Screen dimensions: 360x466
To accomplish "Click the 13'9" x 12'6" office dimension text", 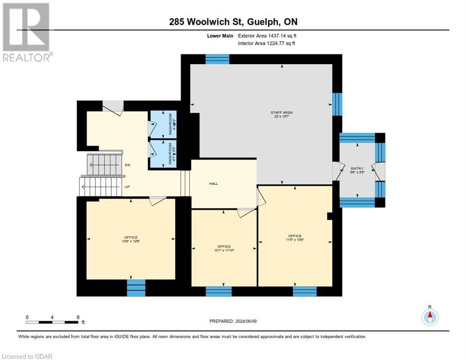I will pyautogui.click(x=131, y=241).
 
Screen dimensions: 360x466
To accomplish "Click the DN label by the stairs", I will pyautogui.click(x=128, y=165).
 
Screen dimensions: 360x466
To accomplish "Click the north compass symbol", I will pyautogui.click(x=429, y=317).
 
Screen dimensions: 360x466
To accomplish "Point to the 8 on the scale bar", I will pyautogui.click(x=77, y=317).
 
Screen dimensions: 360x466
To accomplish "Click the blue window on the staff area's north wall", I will pyautogui.click(x=217, y=59).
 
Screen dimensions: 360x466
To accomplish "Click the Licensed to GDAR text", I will pyautogui.click(x=27, y=356).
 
